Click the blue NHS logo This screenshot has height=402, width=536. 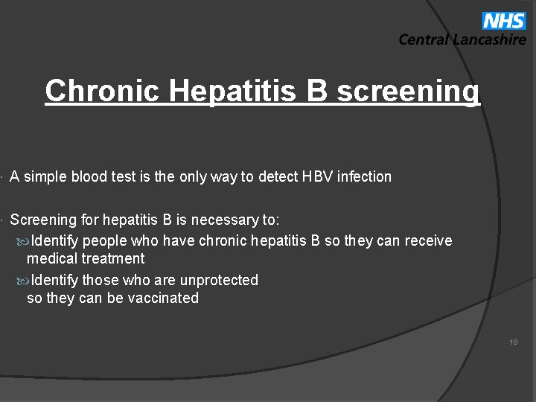click(503, 20)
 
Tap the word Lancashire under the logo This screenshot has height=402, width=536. click(489, 40)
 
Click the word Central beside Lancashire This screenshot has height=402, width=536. click(424, 40)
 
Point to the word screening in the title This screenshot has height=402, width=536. click(408, 91)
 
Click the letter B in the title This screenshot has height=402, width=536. click(316, 91)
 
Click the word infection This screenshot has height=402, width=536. click(364, 176)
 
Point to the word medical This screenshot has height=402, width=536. click(52, 259)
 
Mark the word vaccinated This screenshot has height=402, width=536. click(165, 299)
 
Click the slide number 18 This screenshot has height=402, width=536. click(514, 342)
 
